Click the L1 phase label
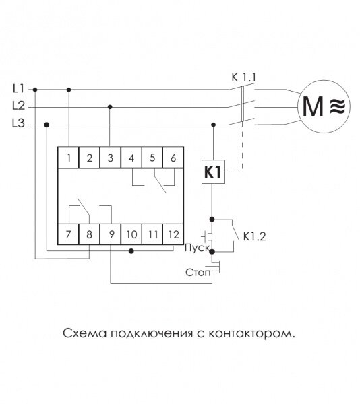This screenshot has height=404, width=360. tap(19, 89)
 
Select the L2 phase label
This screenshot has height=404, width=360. tap(19, 106)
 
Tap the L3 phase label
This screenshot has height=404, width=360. tap(19, 123)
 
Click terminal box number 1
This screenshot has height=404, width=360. tap(68, 158)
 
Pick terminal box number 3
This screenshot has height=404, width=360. tap(110, 158)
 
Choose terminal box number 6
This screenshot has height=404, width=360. tap(173, 158)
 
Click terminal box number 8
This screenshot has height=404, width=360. tap(89, 234)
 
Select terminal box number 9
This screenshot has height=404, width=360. tap(110, 234)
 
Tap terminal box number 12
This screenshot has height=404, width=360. tap(173, 234)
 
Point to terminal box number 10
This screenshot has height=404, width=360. tap(131, 234)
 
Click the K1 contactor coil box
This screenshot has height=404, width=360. tap(213, 172)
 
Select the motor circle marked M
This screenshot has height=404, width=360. tap(324, 106)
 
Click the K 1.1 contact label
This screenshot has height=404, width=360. tap(243, 77)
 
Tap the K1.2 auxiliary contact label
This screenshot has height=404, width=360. tap(255, 236)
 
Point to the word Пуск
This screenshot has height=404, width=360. tap(198, 248)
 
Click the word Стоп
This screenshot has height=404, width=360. tap(198, 272)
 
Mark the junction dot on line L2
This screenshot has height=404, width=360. tap(110, 107)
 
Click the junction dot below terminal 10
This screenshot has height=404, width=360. tap(131, 250)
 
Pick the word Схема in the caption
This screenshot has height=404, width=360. tap(84, 333)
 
